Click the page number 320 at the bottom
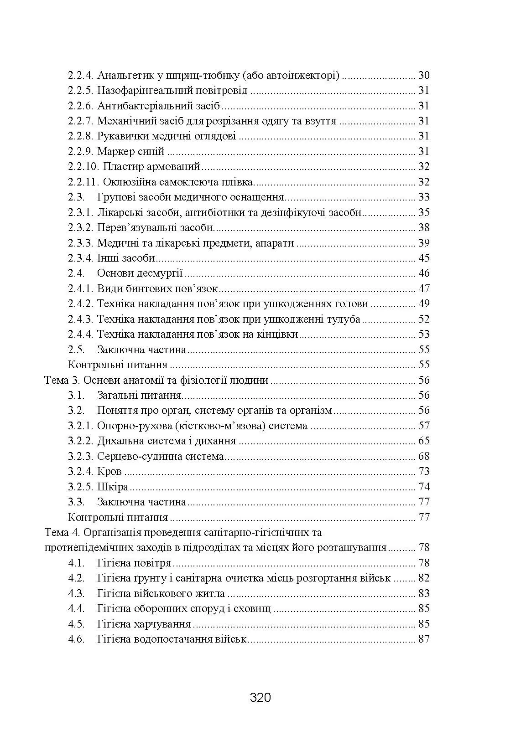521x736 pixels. tap(260, 697)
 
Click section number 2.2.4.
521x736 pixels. tap(81, 76)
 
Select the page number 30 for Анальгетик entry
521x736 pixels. tap(424, 76)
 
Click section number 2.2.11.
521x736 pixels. tap(84, 182)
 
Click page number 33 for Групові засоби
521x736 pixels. tap(424, 197)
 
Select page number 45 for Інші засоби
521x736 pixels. tap(424, 258)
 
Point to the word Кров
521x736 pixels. tap(109, 472)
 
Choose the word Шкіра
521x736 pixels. tap(113, 487)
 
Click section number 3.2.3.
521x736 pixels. tap(81, 456)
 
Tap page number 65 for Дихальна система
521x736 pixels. tap(424, 441)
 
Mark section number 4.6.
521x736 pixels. tap(76, 639)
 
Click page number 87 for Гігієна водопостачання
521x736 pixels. tap(424, 639)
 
